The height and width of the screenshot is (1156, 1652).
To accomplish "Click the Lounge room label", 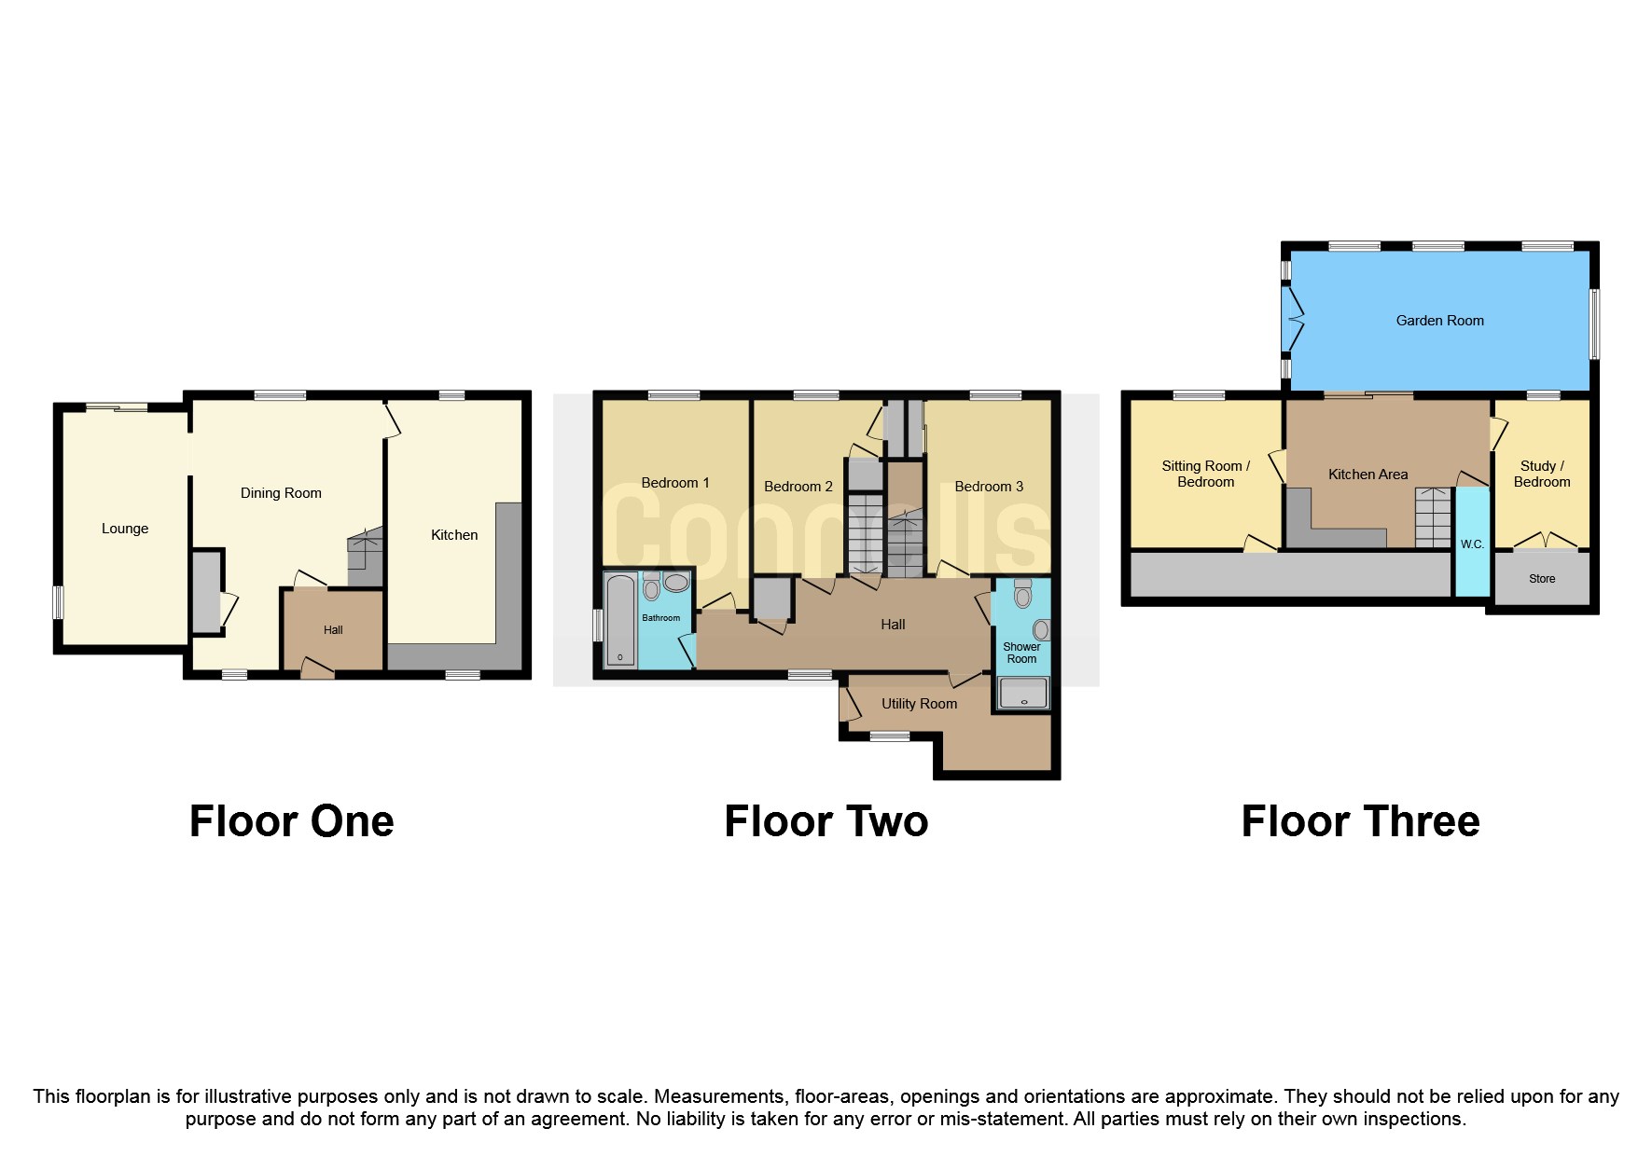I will pyautogui.click(x=125, y=529).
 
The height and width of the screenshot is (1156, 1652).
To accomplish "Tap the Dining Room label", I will pyautogui.click(x=281, y=493).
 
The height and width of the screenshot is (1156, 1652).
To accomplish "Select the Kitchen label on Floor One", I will pyautogui.click(x=454, y=535).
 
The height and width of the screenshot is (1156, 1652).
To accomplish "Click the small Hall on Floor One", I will pyautogui.click(x=333, y=630).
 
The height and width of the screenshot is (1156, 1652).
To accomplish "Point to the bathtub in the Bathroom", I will pyautogui.click(x=620, y=620).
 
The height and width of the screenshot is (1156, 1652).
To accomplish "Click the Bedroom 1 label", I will pyautogui.click(x=675, y=483).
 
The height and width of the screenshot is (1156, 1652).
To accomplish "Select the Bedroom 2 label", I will pyautogui.click(x=798, y=487).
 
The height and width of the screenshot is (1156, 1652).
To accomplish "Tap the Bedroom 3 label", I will pyautogui.click(x=989, y=487).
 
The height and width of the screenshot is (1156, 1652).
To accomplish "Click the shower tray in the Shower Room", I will pyautogui.click(x=1022, y=694).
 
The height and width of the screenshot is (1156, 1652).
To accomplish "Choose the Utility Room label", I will pyautogui.click(x=919, y=704).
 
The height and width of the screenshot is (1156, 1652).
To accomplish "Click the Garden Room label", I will pyautogui.click(x=1439, y=321).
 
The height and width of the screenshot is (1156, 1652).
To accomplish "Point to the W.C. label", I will pyautogui.click(x=1472, y=544).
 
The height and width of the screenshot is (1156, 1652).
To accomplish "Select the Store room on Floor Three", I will pyautogui.click(x=1541, y=579).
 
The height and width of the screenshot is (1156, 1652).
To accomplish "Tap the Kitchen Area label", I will pyautogui.click(x=1367, y=475).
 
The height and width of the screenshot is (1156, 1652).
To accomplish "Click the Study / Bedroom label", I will pyautogui.click(x=1541, y=474).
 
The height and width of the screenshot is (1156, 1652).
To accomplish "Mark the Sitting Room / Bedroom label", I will pyautogui.click(x=1205, y=474).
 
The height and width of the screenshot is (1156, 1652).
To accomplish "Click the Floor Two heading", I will pyautogui.click(x=826, y=821).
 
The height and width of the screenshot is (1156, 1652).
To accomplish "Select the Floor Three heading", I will pyautogui.click(x=1360, y=821).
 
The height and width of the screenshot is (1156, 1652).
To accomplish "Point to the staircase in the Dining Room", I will pyautogui.click(x=366, y=557).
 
